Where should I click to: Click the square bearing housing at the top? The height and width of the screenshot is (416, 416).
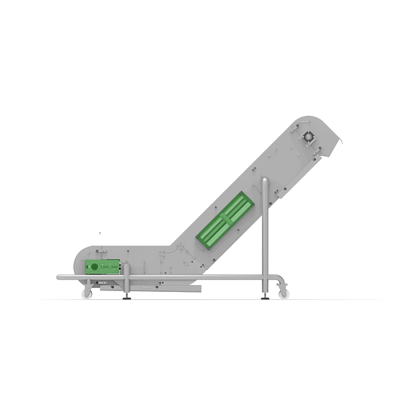309,137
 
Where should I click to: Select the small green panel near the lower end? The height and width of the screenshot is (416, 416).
103,268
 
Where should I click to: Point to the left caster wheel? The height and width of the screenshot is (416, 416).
86,294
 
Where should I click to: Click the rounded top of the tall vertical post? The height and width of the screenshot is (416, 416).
265,180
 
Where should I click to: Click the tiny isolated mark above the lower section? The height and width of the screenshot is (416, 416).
100,233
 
